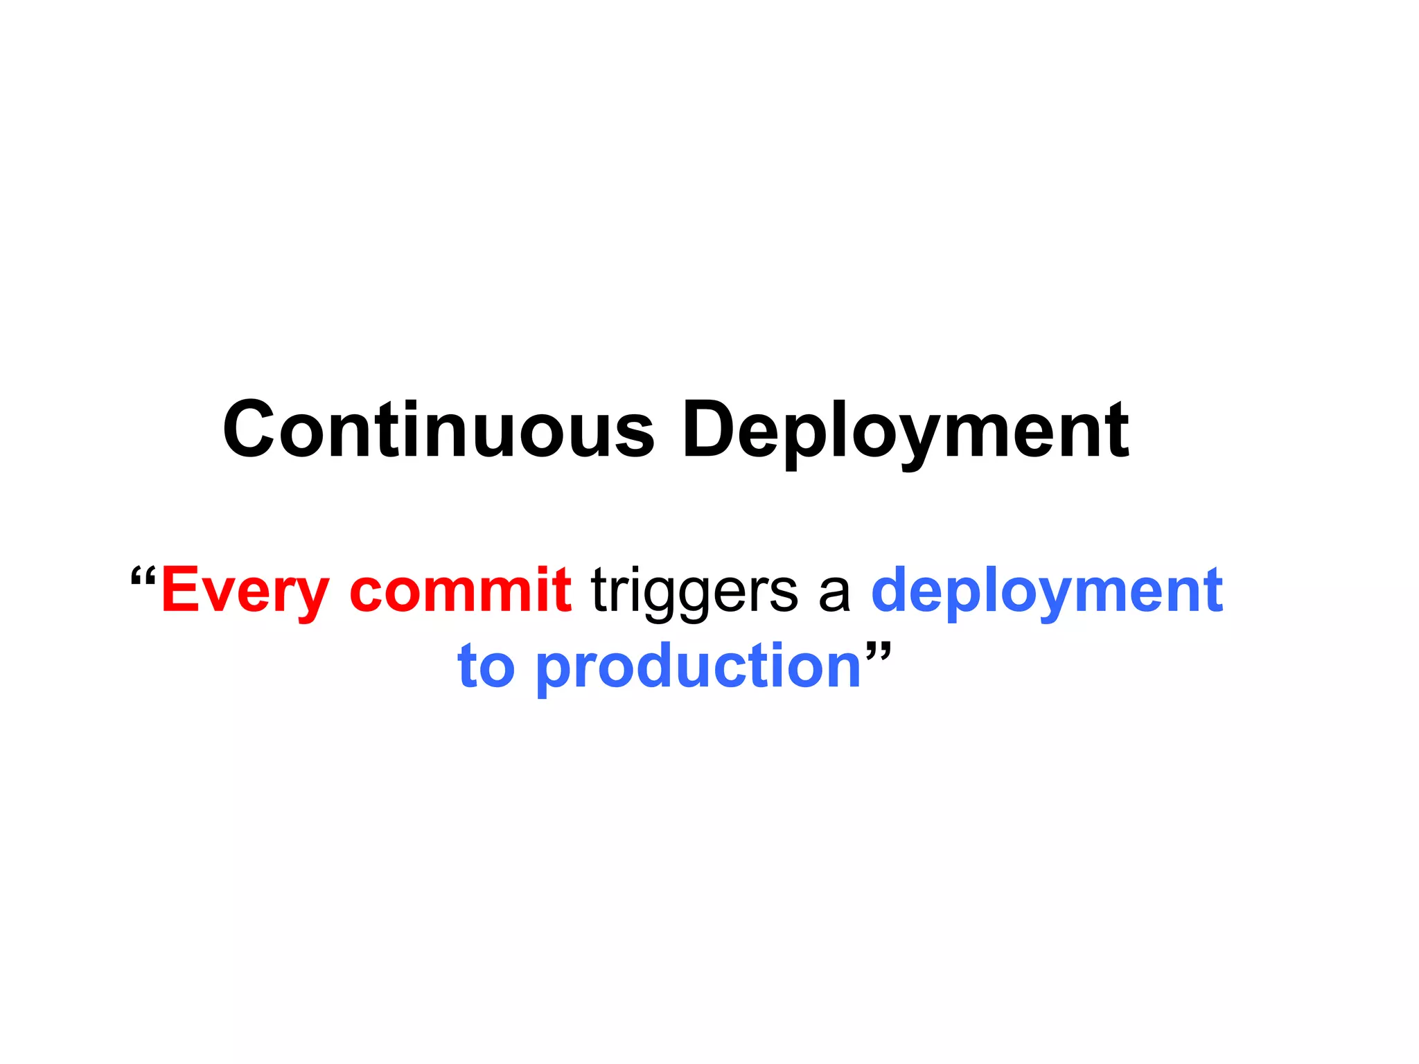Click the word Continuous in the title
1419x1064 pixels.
438,429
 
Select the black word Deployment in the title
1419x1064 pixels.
906,431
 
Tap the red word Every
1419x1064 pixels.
245,591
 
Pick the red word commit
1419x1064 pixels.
461,589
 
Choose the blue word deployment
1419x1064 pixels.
1047,591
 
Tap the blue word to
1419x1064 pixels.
486,666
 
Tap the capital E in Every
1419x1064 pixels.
179,589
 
